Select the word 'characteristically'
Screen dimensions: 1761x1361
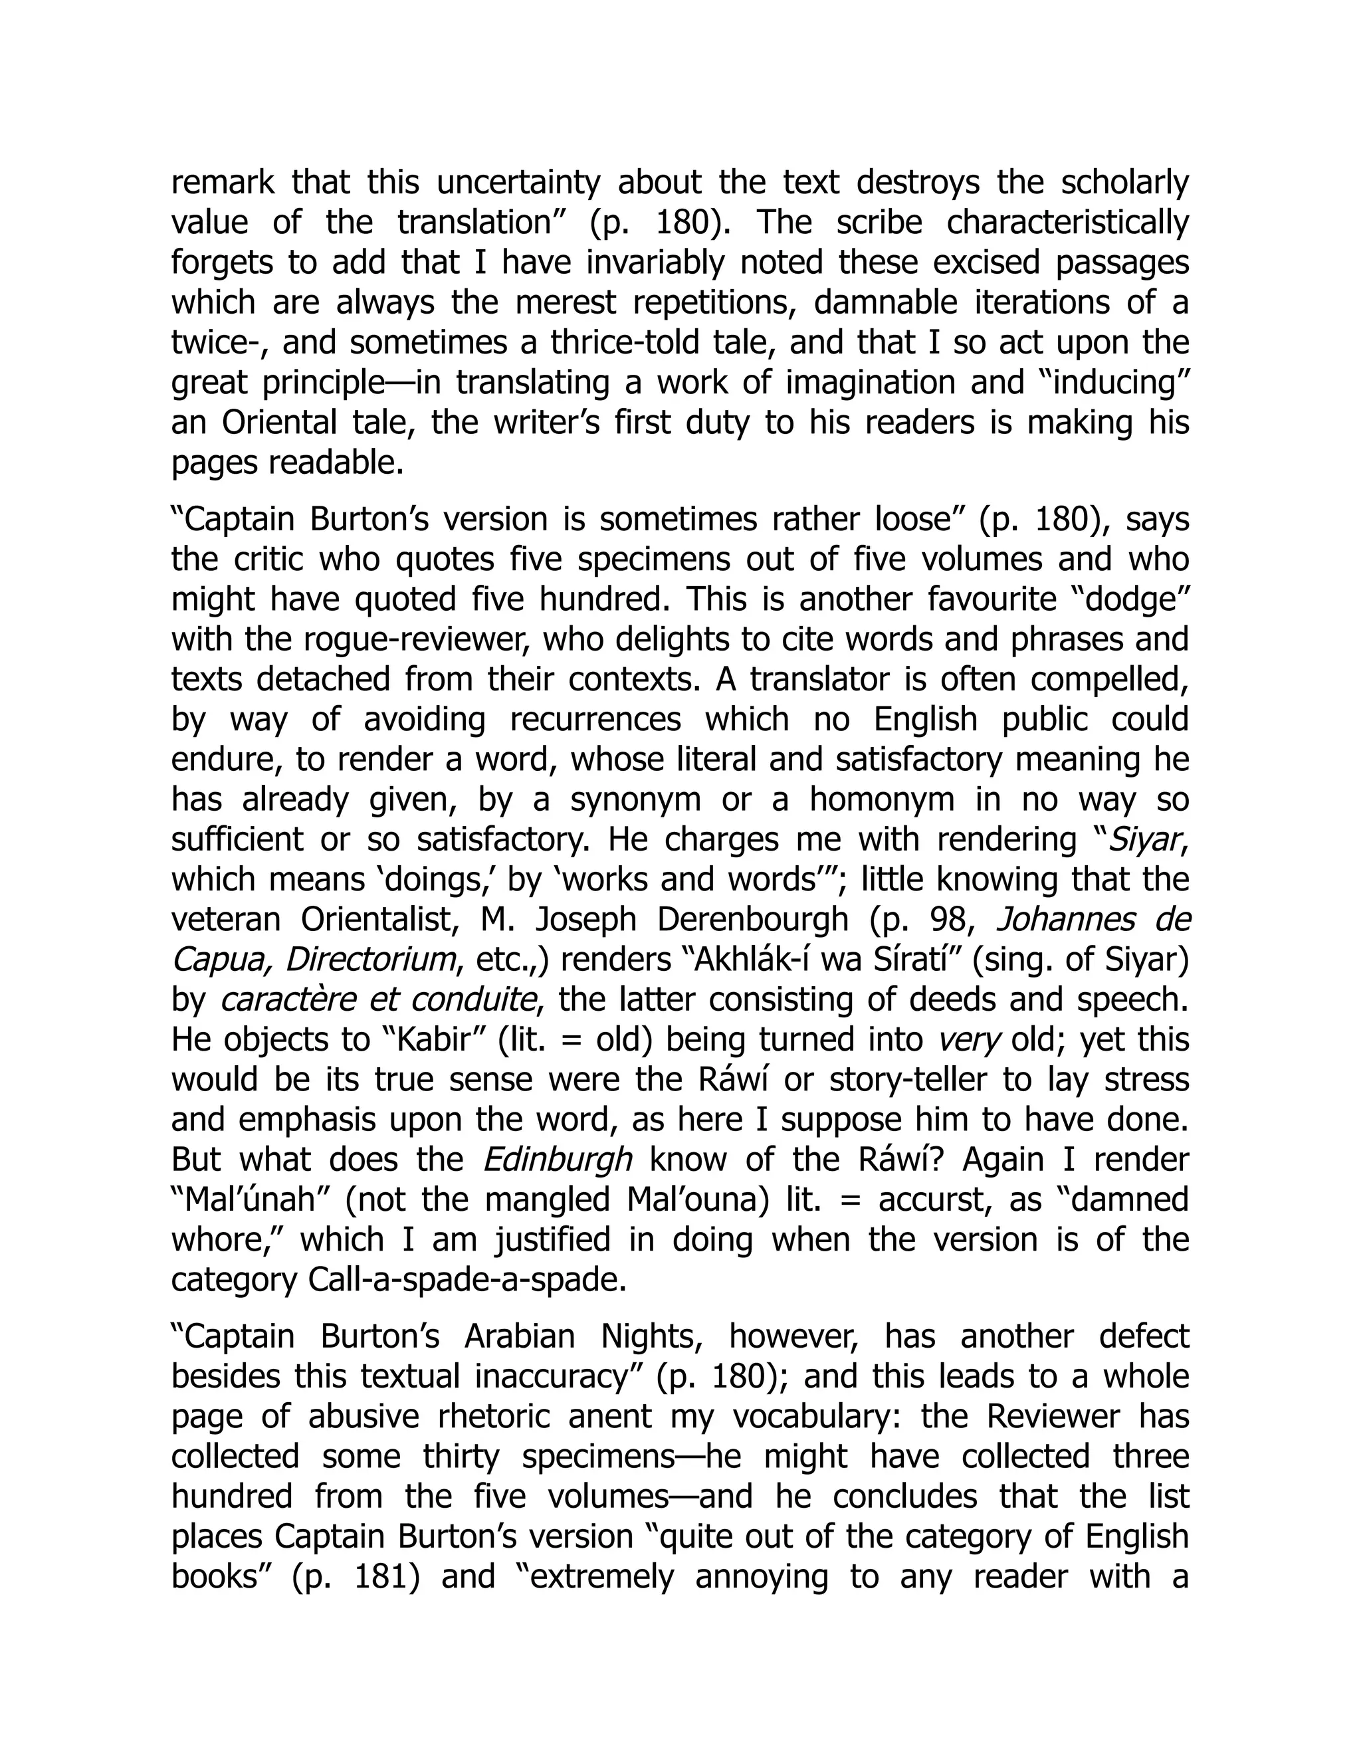click(x=1067, y=223)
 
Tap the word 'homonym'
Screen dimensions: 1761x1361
click(x=881, y=800)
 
